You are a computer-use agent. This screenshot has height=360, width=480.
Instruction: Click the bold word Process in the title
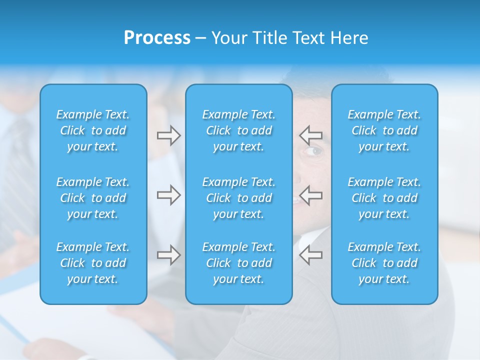[157, 38]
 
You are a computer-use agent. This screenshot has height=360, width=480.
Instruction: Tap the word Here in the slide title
[348, 38]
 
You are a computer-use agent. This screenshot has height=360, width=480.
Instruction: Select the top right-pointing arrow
[168, 135]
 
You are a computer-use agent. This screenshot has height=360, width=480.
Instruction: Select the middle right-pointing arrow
[168, 195]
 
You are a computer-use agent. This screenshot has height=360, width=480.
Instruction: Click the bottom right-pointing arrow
[168, 254]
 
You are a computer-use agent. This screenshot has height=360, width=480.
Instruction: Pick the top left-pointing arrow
[310, 135]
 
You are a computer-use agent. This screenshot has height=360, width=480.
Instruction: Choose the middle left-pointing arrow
[310, 195]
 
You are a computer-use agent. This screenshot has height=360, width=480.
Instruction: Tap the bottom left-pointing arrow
[310, 254]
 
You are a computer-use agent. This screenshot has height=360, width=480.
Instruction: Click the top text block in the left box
[93, 130]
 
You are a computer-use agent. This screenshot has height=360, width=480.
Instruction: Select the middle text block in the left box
[93, 198]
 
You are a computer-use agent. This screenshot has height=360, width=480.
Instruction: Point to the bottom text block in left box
[93, 263]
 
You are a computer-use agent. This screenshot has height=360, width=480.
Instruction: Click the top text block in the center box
[238, 130]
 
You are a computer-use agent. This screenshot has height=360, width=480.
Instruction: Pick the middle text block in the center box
[238, 198]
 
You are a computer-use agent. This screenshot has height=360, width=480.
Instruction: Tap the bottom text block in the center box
[238, 263]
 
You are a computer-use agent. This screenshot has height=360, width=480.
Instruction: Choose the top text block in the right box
[384, 130]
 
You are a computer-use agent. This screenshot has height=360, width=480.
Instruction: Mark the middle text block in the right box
[384, 198]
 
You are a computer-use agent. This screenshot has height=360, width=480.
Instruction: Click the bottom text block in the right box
[384, 263]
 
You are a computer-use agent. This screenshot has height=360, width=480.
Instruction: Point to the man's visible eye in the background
[313, 151]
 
